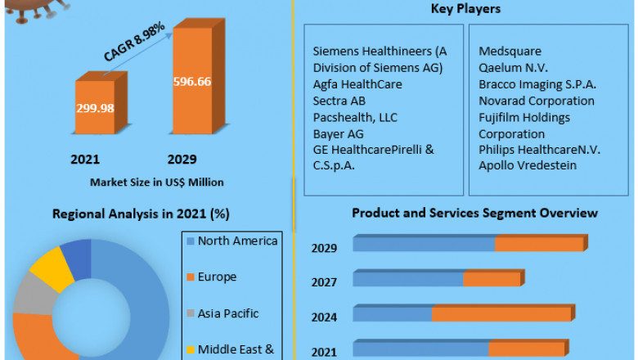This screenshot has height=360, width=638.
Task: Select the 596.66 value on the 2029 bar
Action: click(x=194, y=82)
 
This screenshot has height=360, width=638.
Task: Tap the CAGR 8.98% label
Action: click(x=135, y=43)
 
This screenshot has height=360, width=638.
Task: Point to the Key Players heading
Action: click(x=465, y=9)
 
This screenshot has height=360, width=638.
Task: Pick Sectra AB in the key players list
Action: click(x=339, y=101)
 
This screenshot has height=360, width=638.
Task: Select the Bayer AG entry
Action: click(x=339, y=133)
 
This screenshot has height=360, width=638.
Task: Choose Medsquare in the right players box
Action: click(x=510, y=52)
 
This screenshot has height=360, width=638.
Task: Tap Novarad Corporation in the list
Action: click(x=537, y=101)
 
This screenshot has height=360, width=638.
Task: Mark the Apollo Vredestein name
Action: click(x=528, y=165)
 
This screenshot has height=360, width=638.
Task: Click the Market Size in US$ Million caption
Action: click(x=157, y=182)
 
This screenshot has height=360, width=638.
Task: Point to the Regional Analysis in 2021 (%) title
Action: click(x=141, y=214)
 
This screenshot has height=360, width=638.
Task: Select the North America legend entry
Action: click(x=237, y=241)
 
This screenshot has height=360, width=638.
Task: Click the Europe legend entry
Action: click(x=217, y=277)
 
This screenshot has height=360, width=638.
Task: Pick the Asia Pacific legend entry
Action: click(x=227, y=313)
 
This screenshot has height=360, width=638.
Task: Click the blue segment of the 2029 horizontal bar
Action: click(x=424, y=244)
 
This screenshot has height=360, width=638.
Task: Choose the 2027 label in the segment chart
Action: click(x=324, y=282)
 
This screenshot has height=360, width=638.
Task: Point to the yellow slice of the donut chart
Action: click(x=51, y=266)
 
